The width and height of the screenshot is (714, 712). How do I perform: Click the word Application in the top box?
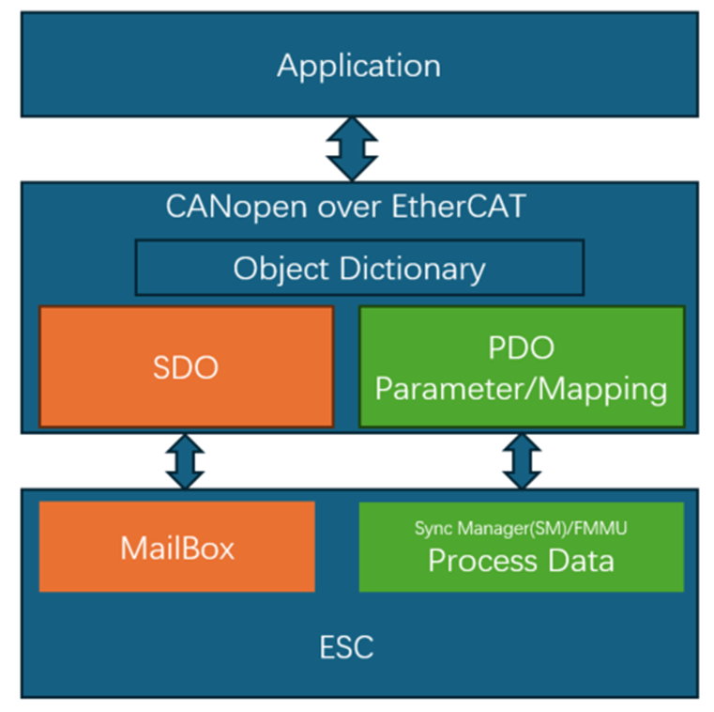(x=358, y=66)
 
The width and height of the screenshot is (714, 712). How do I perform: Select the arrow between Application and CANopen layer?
(x=351, y=149)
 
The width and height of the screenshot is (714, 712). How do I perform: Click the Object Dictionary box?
(x=359, y=268)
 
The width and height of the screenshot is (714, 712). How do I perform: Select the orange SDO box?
(x=186, y=366)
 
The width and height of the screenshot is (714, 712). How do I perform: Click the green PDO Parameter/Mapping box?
(x=522, y=366)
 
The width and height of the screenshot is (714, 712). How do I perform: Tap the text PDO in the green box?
(x=522, y=348)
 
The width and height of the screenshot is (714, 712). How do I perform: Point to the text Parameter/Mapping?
(x=522, y=388)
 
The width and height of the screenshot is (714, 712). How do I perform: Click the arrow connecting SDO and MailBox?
(x=185, y=460)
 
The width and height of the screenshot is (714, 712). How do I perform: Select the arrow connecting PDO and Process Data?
(x=522, y=460)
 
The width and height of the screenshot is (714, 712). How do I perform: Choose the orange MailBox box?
(x=177, y=547)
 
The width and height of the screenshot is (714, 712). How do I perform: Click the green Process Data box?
(x=522, y=547)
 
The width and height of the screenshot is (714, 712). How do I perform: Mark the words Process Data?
(x=521, y=561)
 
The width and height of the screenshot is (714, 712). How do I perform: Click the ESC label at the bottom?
(x=346, y=646)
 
